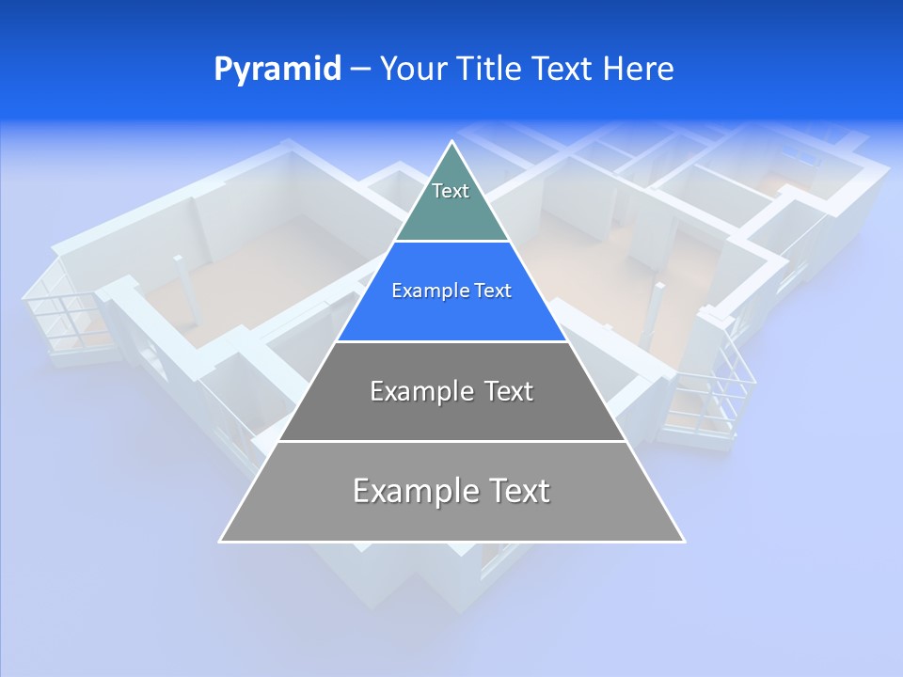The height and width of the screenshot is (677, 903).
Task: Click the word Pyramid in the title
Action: pyautogui.click(x=277, y=70)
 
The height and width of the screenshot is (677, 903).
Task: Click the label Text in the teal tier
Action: pyautogui.click(x=451, y=191)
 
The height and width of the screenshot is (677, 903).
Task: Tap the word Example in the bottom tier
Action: pyautogui.click(x=415, y=491)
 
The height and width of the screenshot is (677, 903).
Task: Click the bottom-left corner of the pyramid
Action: pyautogui.click(x=221, y=541)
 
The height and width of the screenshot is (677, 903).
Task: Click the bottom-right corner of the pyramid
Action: pyautogui.click(x=683, y=541)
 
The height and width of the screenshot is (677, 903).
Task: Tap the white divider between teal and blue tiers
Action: pyautogui.click(x=451, y=242)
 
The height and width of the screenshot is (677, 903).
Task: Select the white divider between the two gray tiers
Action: pyautogui.click(x=451, y=441)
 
